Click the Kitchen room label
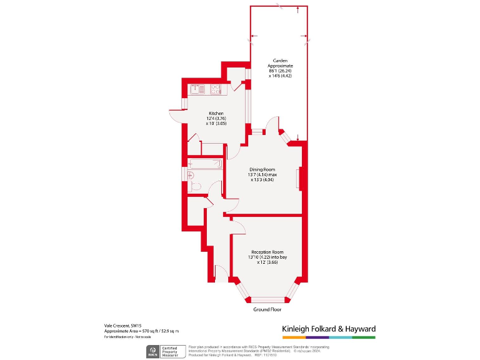216,113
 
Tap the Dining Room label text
263,169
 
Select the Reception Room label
267,251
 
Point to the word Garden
279,61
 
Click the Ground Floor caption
267,309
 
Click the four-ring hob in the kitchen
216,89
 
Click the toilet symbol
195,186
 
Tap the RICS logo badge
152,351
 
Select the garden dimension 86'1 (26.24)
279,71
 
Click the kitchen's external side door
175,116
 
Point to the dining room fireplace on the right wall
301,179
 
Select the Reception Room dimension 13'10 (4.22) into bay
267,257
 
